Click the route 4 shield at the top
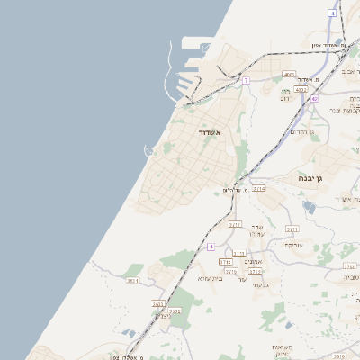333,13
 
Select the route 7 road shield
245,80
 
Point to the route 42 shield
314,98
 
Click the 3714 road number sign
258,189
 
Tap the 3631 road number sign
132,281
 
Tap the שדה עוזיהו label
256,231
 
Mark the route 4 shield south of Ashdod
211,246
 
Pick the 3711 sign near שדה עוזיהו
235,224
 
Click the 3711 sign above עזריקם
292,229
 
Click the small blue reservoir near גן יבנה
310,207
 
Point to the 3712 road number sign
256,271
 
